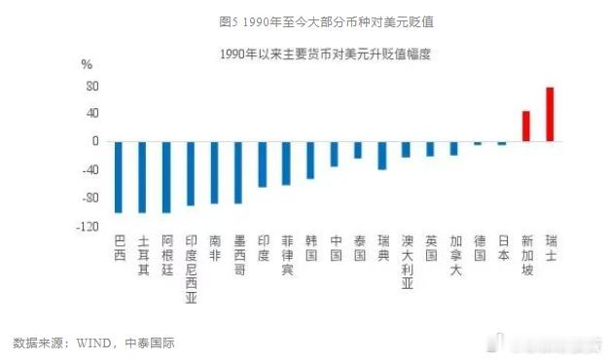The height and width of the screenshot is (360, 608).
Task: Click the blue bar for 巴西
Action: pos(119,177)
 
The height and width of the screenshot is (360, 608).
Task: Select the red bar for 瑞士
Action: pos(551,115)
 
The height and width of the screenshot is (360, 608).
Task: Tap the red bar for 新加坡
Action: pos(526,126)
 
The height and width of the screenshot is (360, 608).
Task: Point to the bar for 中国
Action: pos(335,154)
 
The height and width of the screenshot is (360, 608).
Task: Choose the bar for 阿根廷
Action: pos(166,177)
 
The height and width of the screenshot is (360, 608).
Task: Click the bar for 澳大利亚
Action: pos(407,150)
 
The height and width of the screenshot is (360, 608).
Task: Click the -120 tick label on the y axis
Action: pos(89,227)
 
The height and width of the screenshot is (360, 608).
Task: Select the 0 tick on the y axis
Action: pos(95,142)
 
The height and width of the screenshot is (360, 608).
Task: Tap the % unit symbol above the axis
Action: pos(86,64)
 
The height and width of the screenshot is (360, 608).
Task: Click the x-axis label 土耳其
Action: pos(143,255)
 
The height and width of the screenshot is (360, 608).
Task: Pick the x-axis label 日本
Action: pos(503,248)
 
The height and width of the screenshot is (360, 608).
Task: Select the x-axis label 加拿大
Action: pos(454,255)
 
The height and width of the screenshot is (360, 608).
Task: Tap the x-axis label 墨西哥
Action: pos(238,255)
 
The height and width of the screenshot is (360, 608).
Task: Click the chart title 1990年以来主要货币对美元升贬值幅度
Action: pos(326,54)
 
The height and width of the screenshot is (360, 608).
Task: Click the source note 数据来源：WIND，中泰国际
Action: pos(93,342)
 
